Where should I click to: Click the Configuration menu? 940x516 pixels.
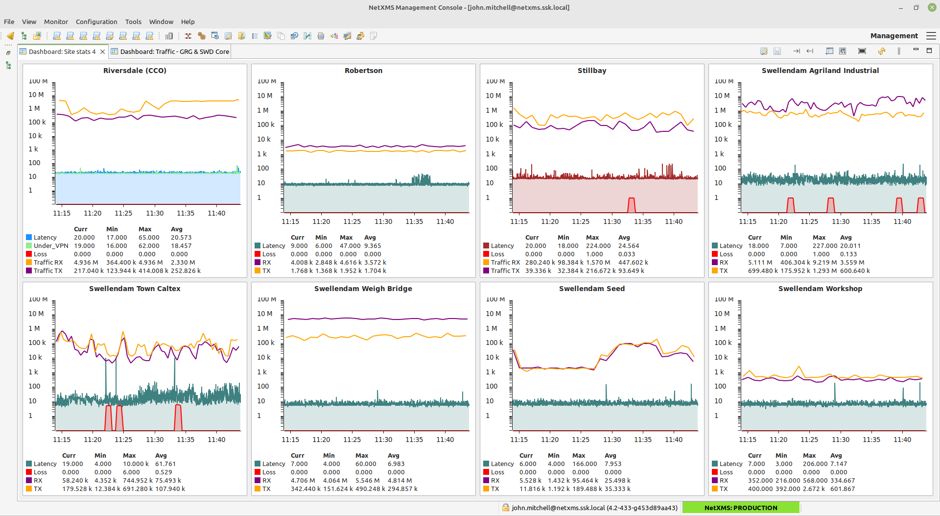[x=96, y=22]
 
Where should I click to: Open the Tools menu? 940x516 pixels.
[x=133, y=22]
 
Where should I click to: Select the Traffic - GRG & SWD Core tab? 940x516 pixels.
[x=174, y=51]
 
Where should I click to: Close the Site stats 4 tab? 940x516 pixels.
[x=102, y=51]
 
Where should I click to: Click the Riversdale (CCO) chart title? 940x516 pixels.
[x=135, y=71]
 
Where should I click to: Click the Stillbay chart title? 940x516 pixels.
[x=591, y=71]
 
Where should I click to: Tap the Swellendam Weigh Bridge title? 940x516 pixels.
[x=363, y=289]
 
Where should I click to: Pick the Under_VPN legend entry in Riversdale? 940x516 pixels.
[x=50, y=246]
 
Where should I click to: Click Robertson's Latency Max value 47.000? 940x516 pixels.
[x=350, y=246]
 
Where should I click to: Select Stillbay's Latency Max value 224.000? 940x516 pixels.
[x=598, y=246]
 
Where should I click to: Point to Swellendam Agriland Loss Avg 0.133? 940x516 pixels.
[x=848, y=254]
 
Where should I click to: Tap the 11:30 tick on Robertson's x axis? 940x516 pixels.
[x=383, y=221]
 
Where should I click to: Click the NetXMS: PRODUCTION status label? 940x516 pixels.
[x=740, y=508]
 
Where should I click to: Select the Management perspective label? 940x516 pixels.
[x=894, y=36]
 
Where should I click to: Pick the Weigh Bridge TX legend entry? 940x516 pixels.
[x=266, y=489]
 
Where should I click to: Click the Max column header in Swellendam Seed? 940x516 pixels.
[x=579, y=456]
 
